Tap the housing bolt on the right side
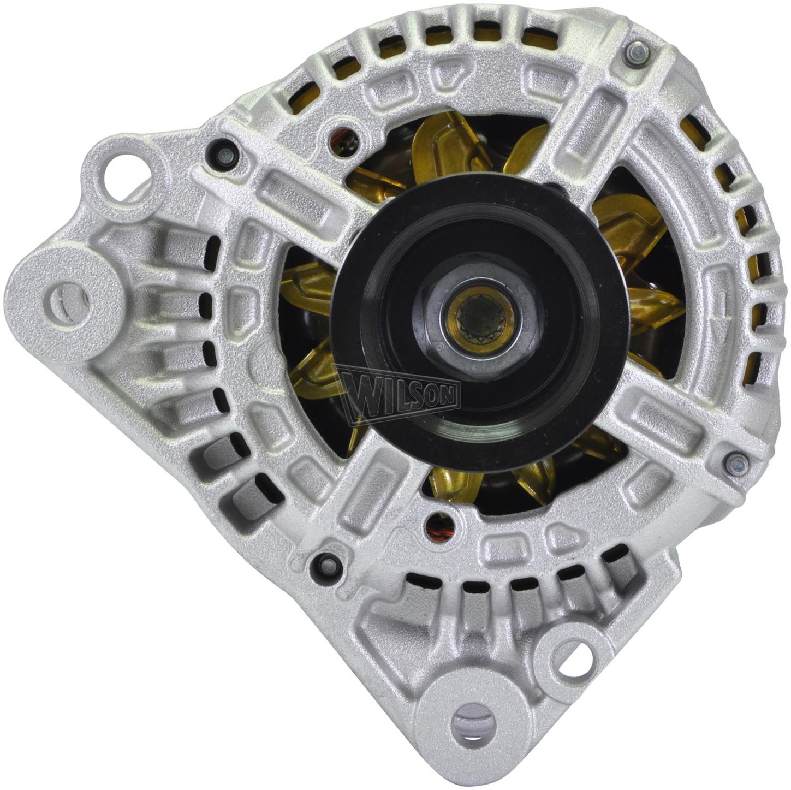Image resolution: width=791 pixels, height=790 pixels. (x=737, y=464)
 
